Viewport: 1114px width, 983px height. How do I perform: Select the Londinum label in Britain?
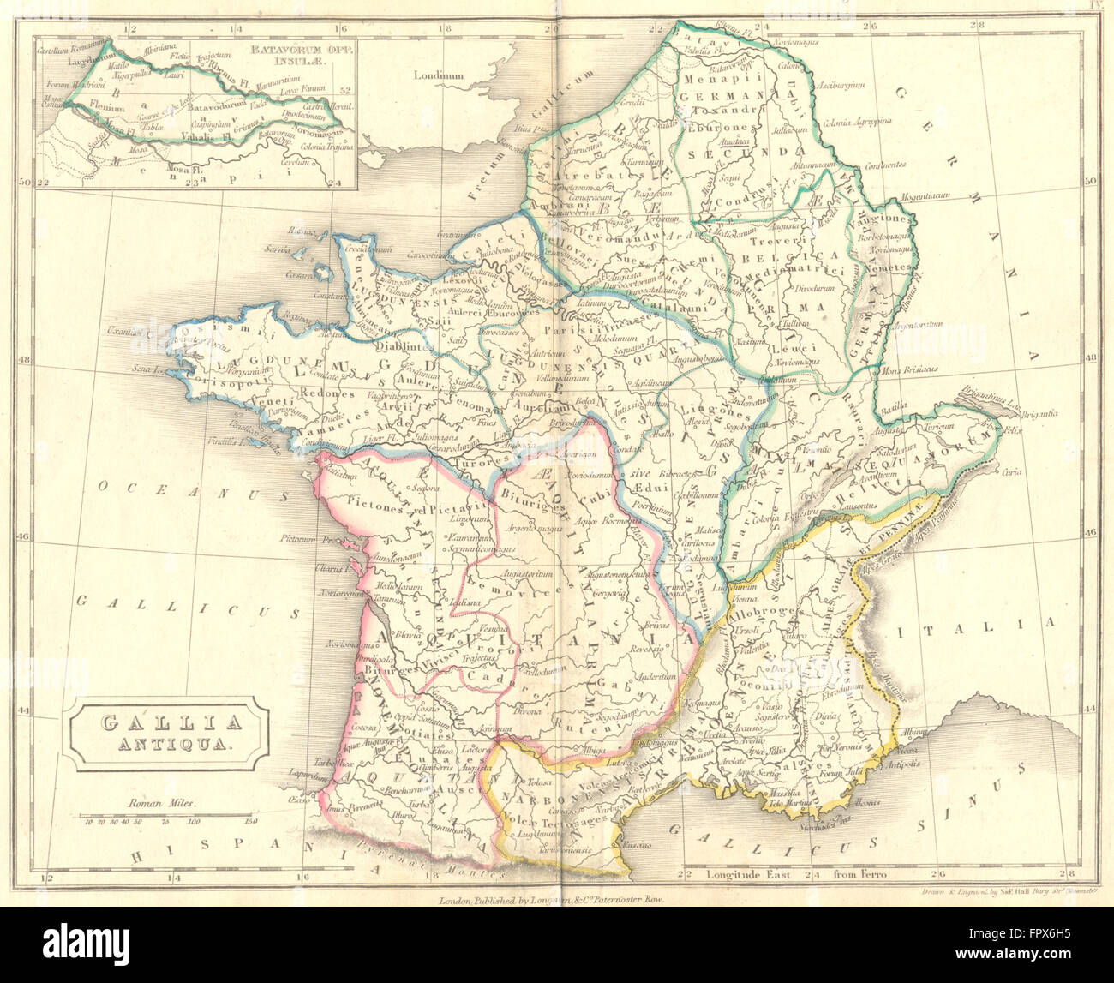point(439,75)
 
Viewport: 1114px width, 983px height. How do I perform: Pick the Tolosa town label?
point(537,783)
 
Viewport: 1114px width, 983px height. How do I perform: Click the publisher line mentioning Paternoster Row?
point(552,901)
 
